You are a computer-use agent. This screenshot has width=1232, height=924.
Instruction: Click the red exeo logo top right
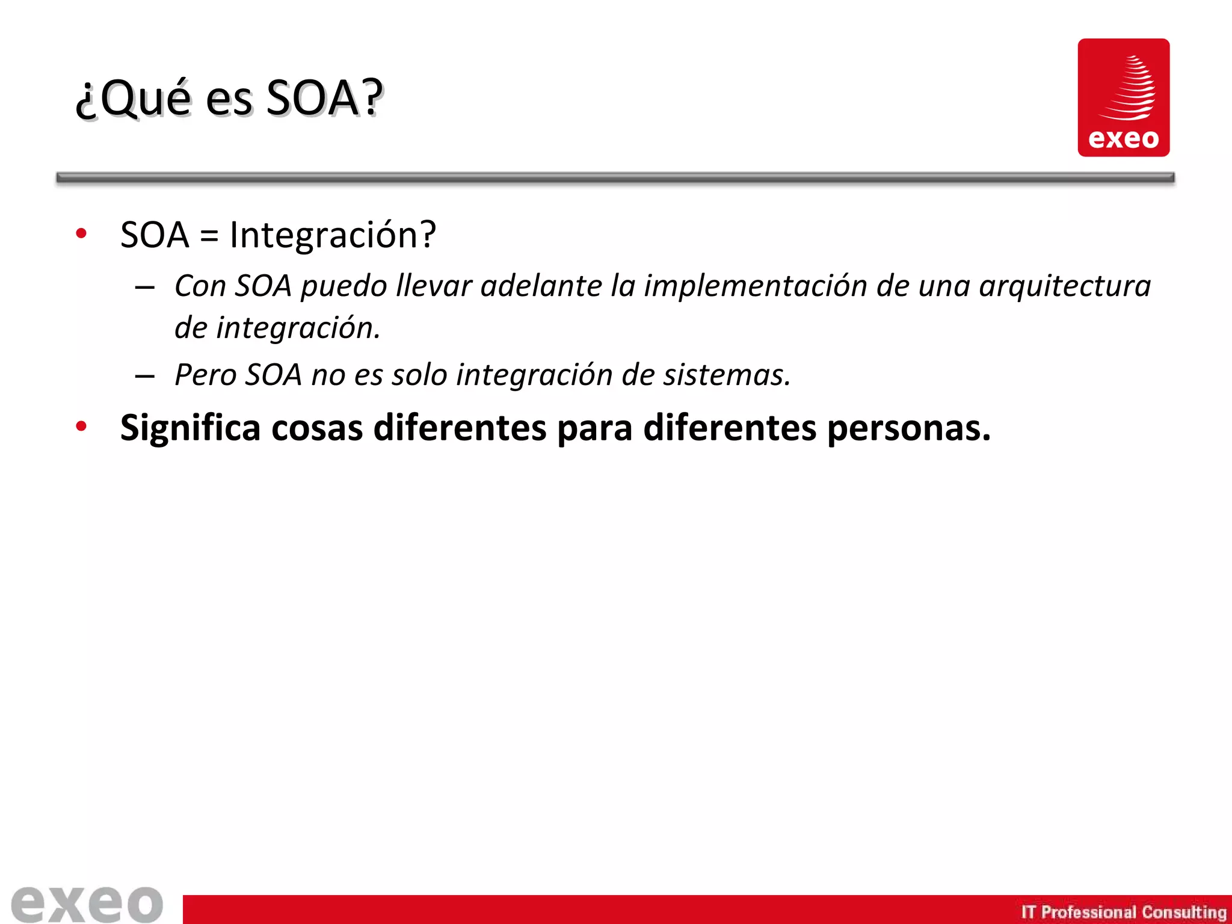[x=1123, y=97]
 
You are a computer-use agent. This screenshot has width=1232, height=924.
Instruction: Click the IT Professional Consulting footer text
[x=1123, y=912]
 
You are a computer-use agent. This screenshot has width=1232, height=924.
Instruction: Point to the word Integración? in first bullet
[x=333, y=235]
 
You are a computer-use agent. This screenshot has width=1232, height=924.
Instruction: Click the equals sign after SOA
[x=209, y=236]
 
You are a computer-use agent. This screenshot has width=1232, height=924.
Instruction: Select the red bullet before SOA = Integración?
[x=82, y=234]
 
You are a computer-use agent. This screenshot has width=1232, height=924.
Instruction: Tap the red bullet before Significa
[x=82, y=427]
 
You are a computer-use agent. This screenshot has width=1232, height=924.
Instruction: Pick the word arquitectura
[x=1065, y=286]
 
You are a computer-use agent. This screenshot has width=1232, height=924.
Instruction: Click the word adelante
[x=541, y=286]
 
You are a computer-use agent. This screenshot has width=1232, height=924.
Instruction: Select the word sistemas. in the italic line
[x=727, y=375]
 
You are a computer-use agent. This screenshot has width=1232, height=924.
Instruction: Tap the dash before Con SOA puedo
[x=145, y=288]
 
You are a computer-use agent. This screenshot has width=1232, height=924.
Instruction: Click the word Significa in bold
[x=190, y=428]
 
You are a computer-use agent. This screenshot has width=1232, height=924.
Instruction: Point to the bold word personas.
[x=908, y=428]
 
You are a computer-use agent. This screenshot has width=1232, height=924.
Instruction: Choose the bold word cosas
[x=317, y=428]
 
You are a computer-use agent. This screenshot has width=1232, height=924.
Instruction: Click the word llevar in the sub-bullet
[x=433, y=286]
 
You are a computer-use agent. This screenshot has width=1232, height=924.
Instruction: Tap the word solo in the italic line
[x=419, y=375]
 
